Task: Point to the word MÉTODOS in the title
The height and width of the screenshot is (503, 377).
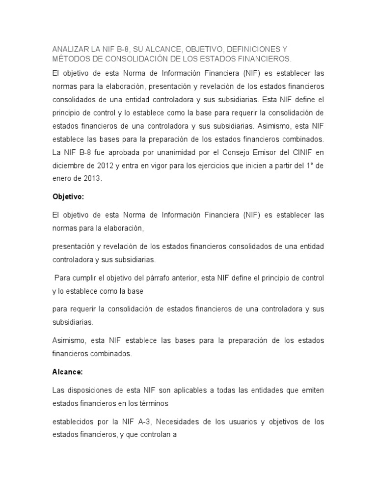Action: pyautogui.click(x=71, y=59)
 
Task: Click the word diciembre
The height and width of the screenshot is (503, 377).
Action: pyautogui.click(x=69, y=167)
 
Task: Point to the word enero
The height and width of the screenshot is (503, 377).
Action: pyautogui.click(x=62, y=179)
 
